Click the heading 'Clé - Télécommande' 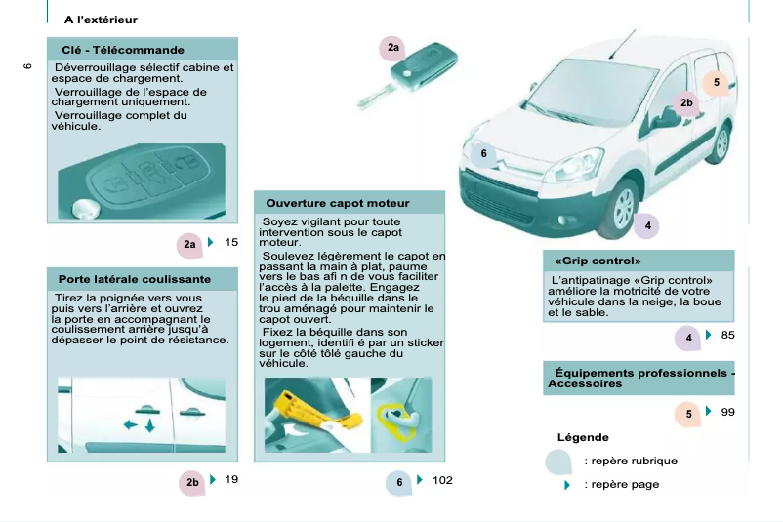pyautogui.click(x=122, y=50)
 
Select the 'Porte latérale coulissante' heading pyautogui.click(x=134, y=279)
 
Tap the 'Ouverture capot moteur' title pyautogui.click(x=337, y=203)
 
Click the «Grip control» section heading pyautogui.click(x=597, y=261)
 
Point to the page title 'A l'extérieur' pyautogui.click(x=101, y=20)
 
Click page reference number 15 pyautogui.click(x=231, y=242)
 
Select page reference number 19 pyautogui.click(x=231, y=479)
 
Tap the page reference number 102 pyautogui.click(x=441, y=480)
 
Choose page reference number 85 pyautogui.click(x=727, y=336)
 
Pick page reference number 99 pyautogui.click(x=727, y=413)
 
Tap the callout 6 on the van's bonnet pyautogui.click(x=482, y=153)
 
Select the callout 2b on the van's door pyautogui.click(x=686, y=103)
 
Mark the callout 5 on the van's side pyautogui.click(x=716, y=83)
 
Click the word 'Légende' pyautogui.click(x=582, y=437)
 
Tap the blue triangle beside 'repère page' pyautogui.click(x=567, y=485)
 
